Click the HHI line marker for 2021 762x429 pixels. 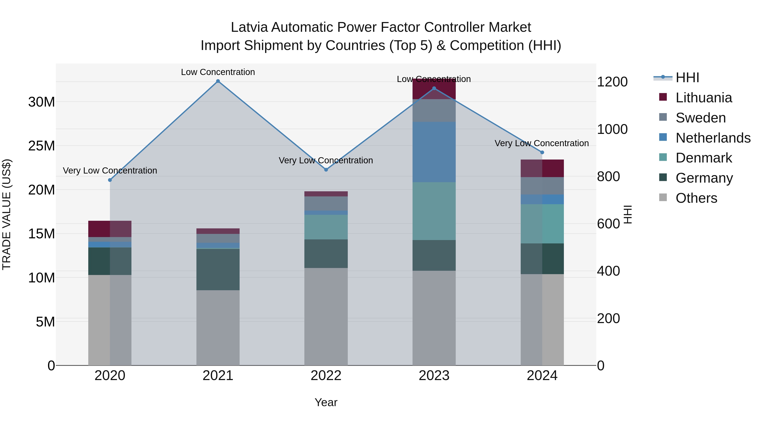coord(218,81)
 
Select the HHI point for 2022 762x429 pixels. coord(326,170)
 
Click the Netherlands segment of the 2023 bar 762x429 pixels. coord(434,152)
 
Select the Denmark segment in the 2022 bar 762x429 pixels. coord(326,227)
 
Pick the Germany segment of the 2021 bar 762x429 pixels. coord(218,269)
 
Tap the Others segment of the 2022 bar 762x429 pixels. coord(326,317)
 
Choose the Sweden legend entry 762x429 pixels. coord(700,118)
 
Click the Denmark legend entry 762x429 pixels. coord(703,158)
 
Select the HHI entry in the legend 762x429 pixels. coord(687,78)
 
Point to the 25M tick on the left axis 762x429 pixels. coord(41,146)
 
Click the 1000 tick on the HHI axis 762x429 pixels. coord(612,129)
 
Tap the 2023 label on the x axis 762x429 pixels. coord(434,376)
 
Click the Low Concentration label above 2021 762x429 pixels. coord(218,72)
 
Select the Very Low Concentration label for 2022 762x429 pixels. coord(326,160)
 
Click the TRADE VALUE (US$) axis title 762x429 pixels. coord(7,214)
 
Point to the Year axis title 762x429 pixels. coord(326,402)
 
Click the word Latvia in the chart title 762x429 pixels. coord(249,27)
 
